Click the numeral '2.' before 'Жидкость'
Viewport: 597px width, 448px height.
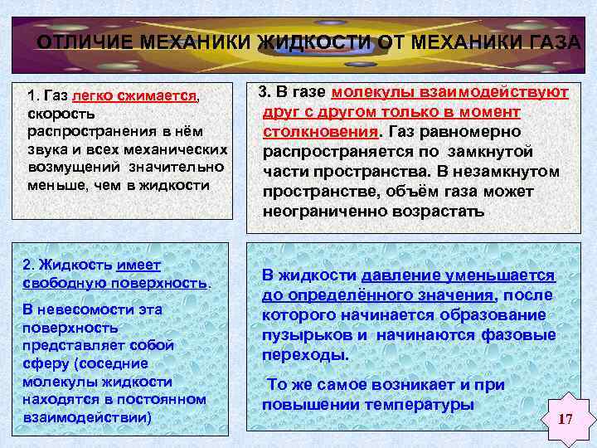[29, 265]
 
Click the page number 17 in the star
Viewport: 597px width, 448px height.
[565, 418]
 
